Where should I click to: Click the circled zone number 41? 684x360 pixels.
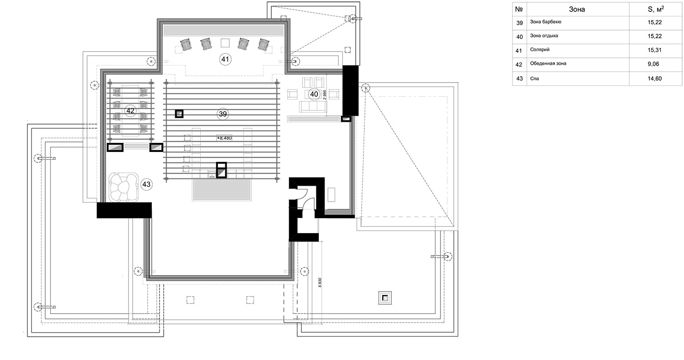225,59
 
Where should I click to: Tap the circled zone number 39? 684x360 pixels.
223,114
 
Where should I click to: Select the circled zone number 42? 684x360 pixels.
130,110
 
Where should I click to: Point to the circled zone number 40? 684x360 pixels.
314,94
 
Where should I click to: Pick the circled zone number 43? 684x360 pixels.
146,184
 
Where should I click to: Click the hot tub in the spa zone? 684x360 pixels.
124,187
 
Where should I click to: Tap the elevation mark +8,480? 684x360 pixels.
224,138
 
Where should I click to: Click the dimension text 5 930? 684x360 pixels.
320,282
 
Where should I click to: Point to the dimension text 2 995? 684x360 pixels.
325,94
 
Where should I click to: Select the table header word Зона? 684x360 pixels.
577,10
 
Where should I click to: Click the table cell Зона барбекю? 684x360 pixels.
546,22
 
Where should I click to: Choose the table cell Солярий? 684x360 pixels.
540,50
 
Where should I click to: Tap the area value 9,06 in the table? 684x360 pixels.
653,64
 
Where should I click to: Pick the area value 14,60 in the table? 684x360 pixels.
655,78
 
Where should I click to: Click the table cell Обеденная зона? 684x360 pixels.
548,63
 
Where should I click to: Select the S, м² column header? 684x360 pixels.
656,9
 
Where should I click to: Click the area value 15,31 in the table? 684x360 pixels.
655,50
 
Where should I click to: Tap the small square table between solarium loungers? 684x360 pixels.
225,43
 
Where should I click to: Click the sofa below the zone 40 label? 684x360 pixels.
313,107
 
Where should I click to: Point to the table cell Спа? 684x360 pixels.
534,78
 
